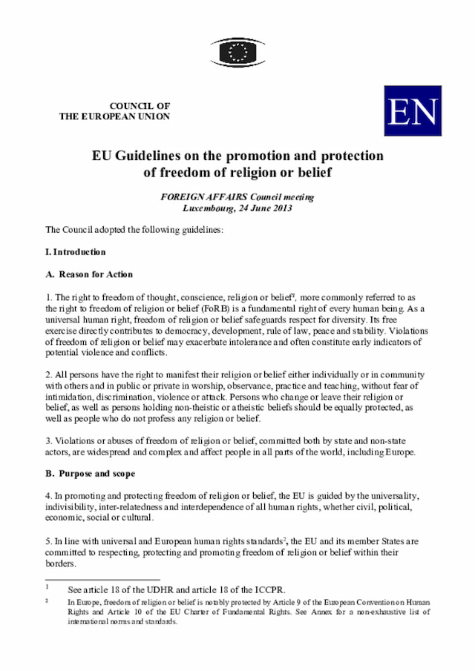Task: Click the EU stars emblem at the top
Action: pyautogui.click(x=237, y=52)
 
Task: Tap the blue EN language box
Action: pyautogui.click(x=413, y=110)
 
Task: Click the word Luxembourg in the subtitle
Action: pyautogui.click(x=209, y=208)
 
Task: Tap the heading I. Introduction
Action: pyautogui.click(x=76, y=252)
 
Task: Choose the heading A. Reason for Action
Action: pyautogui.click(x=89, y=274)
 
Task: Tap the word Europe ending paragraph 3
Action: pyautogui.click(x=397, y=452)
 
